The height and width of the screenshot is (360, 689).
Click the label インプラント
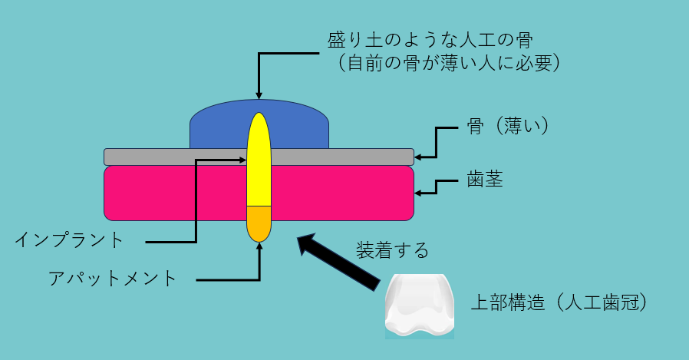click(x=69, y=239)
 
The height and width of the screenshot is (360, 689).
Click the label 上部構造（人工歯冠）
click(x=562, y=301)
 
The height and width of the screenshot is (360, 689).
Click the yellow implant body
click(x=259, y=165)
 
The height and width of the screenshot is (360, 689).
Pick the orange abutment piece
click(x=259, y=223)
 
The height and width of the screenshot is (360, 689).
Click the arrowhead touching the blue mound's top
click(x=259, y=96)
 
